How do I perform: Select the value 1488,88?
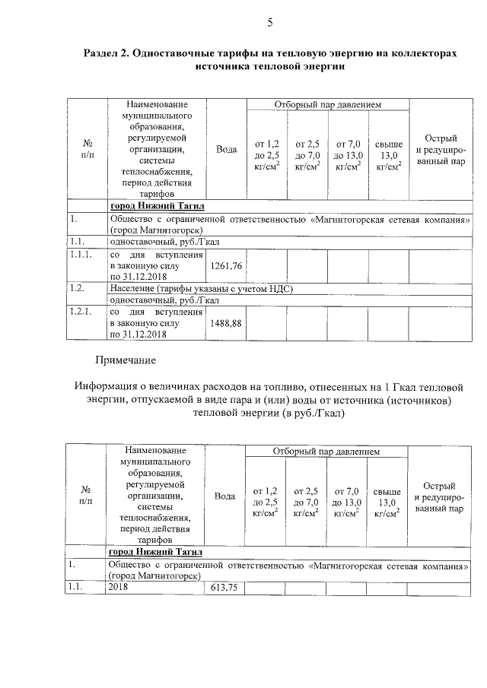226,323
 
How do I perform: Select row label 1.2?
75,288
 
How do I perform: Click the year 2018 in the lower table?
119,588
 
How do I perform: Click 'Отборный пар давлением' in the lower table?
326,452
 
